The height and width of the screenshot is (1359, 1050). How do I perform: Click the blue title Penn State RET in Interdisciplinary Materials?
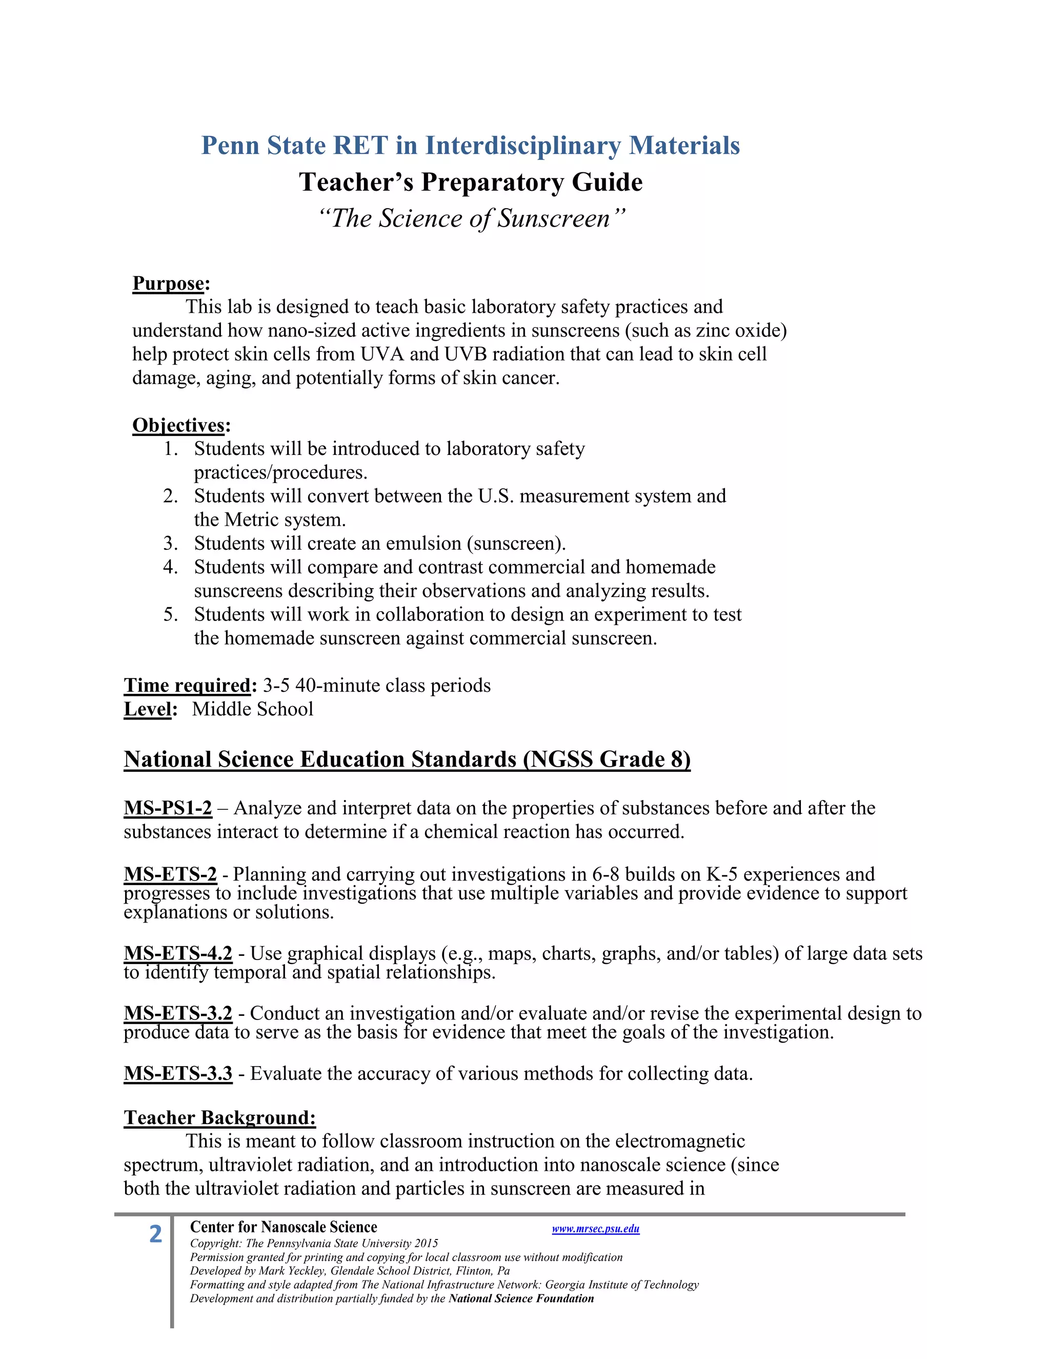(x=470, y=146)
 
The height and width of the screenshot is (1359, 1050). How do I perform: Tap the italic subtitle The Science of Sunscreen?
(x=470, y=218)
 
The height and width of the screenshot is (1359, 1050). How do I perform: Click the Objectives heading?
(x=178, y=426)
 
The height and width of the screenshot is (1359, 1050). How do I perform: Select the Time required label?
(x=187, y=686)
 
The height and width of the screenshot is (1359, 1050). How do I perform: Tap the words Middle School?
(x=253, y=709)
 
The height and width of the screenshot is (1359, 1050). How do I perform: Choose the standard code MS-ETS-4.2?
(x=178, y=954)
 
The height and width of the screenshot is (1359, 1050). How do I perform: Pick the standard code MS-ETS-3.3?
(x=178, y=1073)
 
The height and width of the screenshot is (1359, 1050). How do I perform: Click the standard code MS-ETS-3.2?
(x=178, y=1014)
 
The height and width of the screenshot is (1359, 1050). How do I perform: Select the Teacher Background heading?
(x=219, y=1117)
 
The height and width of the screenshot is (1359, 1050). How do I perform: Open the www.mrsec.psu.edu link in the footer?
(x=595, y=1229)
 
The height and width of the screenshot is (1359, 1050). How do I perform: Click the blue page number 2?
(x=155, y=1234)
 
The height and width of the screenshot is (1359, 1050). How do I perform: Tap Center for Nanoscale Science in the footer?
(x=284, y=1227)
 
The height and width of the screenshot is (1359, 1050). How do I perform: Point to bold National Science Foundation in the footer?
(x=521, y=1298)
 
